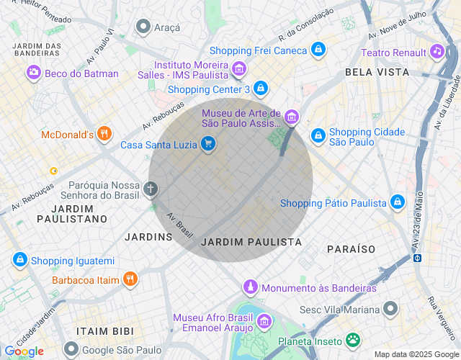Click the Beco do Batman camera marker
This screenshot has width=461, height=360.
(x=33, y=72)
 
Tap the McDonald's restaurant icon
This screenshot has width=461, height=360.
(x=104, y=133)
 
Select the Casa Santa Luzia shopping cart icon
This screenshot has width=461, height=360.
(x=208, y=144)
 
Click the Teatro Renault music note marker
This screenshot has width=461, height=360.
(x=436, y=51)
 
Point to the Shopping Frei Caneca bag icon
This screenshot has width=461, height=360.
(x=318, y=50)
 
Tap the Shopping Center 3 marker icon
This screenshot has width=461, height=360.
(x=261, y=89)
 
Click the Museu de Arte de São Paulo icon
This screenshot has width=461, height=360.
(x=291, y=117)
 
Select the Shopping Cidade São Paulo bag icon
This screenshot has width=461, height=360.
(x=318, y=135)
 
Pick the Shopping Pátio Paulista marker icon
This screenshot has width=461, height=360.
(x=397, y=202)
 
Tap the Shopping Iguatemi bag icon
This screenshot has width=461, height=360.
(x=19, y=260)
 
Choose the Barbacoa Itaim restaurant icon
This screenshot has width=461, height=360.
(x=130, y=279)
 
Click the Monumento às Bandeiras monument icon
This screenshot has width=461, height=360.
(x=250, y=287)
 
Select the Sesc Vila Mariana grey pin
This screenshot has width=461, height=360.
(x=390, y=309)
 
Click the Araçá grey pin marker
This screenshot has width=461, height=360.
(x=143, y=27)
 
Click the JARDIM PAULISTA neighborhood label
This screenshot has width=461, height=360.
(x=251, y=242)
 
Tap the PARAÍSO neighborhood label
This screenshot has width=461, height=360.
(x=351, y=248)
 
